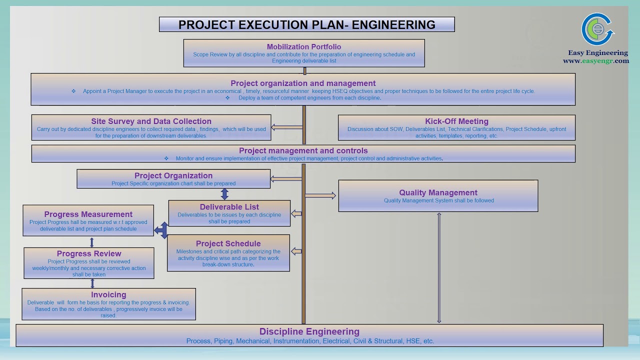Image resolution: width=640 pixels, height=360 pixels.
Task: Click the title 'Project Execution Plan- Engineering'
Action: pyautogui.click(x=306, y=24)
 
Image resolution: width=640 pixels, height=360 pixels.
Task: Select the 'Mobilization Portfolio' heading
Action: pyautogui.click(x=304, y=47)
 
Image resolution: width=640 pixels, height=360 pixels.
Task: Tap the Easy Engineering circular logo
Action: pyautogui.click(x=597, y=29)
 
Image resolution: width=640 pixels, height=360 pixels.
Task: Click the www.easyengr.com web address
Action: pyautogui.click(x=595, y=61)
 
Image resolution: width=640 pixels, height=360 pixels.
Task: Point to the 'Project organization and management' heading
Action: pyautogui.click(x=303, y=83)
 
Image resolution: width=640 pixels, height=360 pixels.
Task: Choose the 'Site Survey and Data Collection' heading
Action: pyautogui.click(x=151, y=121)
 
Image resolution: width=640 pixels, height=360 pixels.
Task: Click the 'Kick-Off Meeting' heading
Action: pyautogui.click(x=456, y=121)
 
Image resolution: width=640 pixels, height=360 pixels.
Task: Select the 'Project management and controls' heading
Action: pyautogui.click(x=303, y=150)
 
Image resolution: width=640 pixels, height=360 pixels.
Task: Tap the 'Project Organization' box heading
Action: pyautogui.click(x=173, y=175)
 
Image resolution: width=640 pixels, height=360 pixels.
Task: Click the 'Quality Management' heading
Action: pyautogui.click(x=438, y=192)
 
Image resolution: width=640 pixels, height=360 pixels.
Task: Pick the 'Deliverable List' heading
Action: pyautogui.click(x=229, y=207)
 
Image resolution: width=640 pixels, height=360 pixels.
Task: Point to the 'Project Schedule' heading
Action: pyautogui.click(x=228, y=244)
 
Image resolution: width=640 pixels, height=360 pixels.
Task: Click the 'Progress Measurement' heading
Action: pyautogui.click(x=88, y=214)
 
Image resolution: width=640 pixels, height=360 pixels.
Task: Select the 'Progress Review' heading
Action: pyautogui.click(x=89, y=253)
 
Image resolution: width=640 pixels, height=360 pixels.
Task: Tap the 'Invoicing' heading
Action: pyautogui.click(x=108, y=295)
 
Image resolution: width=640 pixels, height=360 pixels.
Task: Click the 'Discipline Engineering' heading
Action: pyautogui.click(x=309, y=331)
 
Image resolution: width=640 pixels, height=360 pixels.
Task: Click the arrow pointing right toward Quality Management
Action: pyautogui.click(x=320, y=195)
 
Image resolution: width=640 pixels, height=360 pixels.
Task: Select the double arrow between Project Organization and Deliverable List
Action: pyautogui.click(x=224, y=194)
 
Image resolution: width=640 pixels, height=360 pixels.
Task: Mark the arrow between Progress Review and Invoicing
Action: pyautogui.click(x=92, y=283)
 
